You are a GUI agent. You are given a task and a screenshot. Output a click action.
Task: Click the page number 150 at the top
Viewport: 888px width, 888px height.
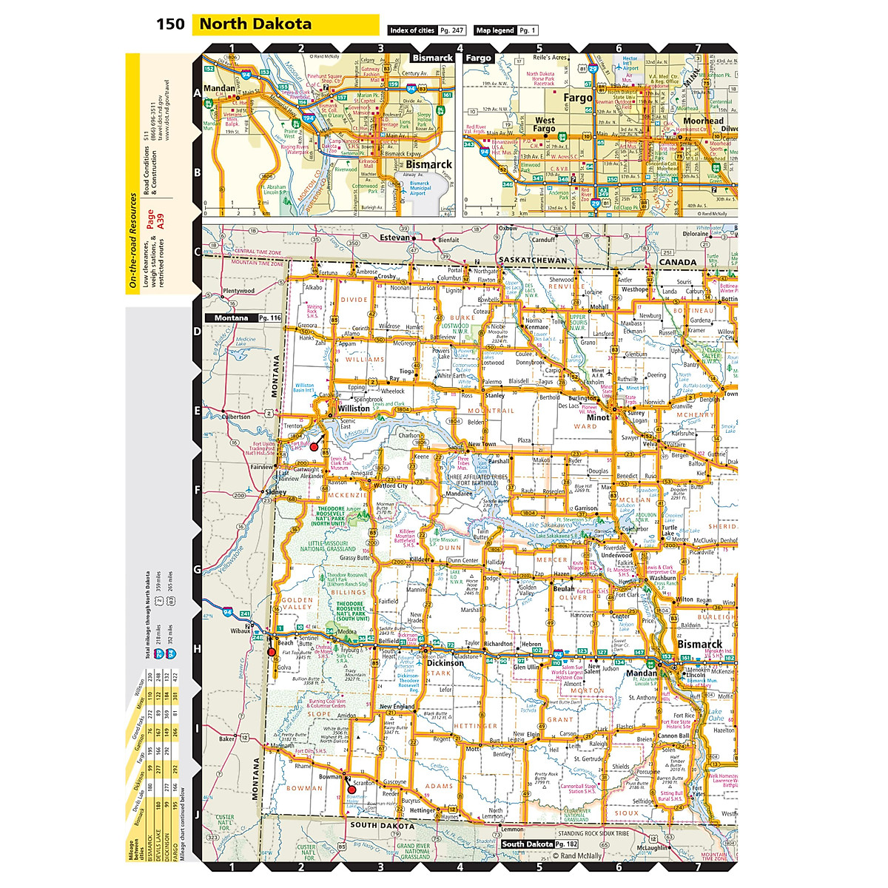pyautogui.click(x=170, y=24)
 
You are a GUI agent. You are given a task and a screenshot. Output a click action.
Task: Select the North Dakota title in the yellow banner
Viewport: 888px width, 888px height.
pyautogui.click(x=255, y=24)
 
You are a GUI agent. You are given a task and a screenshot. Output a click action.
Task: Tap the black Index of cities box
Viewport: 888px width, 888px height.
pyautogui.click(x=412, y=30)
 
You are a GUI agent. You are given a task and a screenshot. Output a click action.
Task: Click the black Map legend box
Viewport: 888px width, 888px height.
pyautogui.click(x=495, y=30)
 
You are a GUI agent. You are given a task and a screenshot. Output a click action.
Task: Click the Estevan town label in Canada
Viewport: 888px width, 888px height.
pyautogui.click(x=394, y=238)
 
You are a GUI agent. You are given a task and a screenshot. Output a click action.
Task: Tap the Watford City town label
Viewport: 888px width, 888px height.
pyautogui.click(x=391, y=486)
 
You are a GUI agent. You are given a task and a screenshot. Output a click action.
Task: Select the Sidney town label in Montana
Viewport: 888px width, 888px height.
pyautogui.click(x=275, y=492)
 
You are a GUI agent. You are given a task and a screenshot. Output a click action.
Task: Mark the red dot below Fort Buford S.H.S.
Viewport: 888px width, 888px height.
pyautogui.click(x=314, y=447)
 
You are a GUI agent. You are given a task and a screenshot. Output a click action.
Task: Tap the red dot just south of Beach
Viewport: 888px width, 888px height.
pyautogui.click(x=272, y=652)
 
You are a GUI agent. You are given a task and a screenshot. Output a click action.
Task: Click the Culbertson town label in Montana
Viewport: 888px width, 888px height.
pyautogui.click(x=236, y=417)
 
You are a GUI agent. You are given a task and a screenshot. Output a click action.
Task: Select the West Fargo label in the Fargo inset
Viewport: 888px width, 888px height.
pyautogui.click(x=544, y=124)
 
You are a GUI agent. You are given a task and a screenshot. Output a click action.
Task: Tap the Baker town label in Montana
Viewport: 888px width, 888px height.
pyautogui.click(x=226, y=739)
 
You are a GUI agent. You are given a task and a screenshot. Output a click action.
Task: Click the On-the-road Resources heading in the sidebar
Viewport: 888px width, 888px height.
pyautogui.click(x=133, y=240)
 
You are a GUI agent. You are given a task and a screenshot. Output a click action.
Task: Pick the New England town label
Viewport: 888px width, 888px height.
pyautogui.click(x=397, y=707)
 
